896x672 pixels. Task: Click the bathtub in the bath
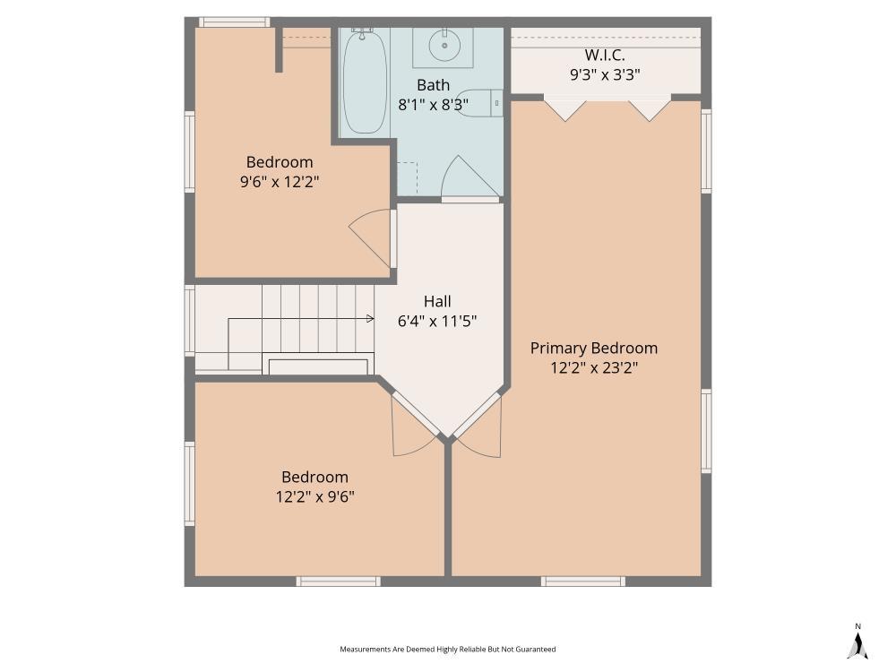[x=365, y=82]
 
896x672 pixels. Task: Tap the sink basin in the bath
[x=443, y=44]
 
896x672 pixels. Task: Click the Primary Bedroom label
[x=593, y=348]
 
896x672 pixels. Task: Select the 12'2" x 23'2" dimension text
[x=593, y=367]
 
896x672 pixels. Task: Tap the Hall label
[x=437, y=301]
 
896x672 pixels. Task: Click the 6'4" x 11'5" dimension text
[x=437, y=321]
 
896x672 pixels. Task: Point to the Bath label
[x=433, y=85]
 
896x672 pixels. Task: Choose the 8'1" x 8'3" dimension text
[x=433, y=105]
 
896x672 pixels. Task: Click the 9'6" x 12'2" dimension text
[x=280, y=182]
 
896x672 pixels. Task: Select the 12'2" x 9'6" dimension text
[x=314, y=496]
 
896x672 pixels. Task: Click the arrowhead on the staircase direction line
[x=370, y=318]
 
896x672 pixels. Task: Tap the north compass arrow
[x=857, y=643]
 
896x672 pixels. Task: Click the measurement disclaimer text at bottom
[x=447, y=649]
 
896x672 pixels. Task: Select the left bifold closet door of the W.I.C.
[x=565, y=110]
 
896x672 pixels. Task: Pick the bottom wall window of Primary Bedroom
[x=582, y=582]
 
